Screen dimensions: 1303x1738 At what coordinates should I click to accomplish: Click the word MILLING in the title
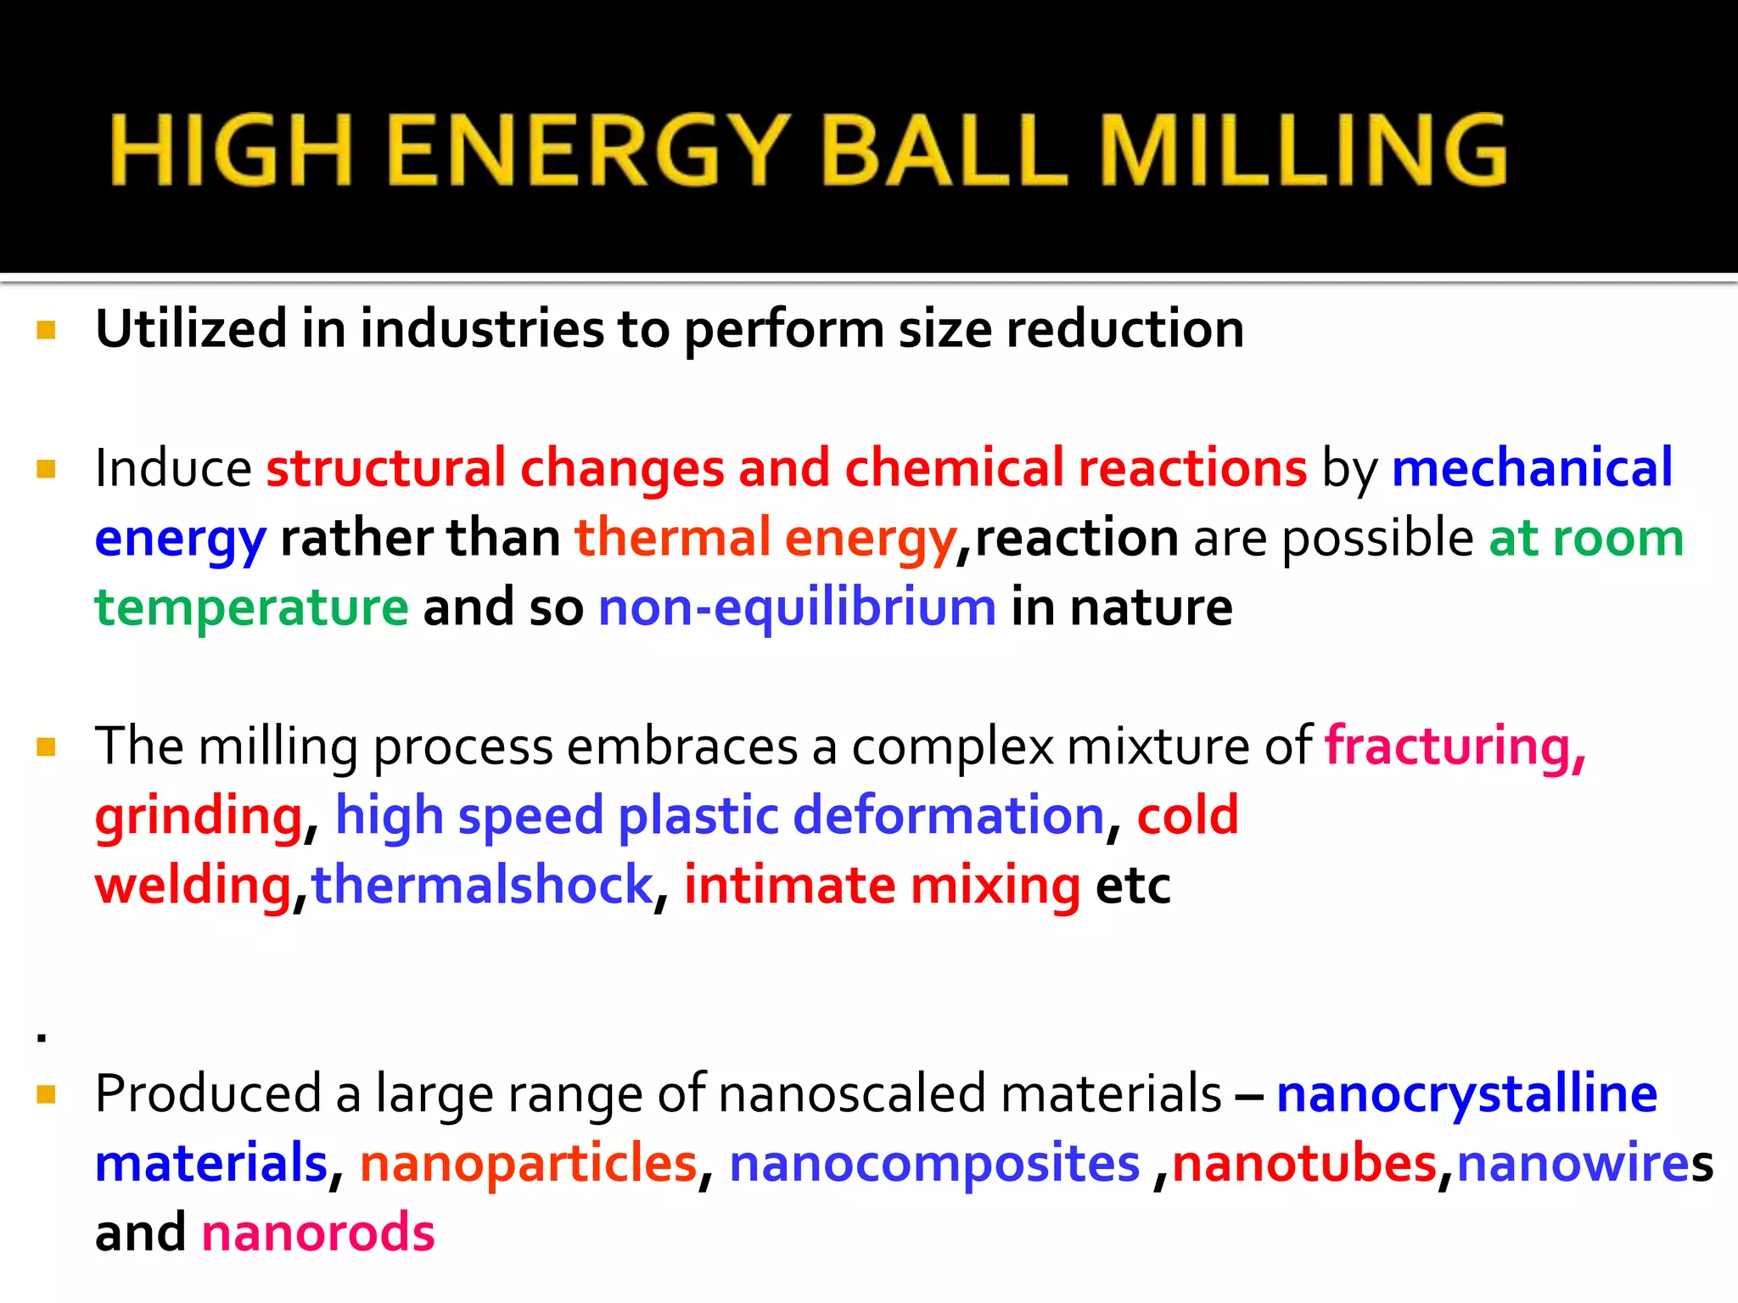click(x=1303, y=151)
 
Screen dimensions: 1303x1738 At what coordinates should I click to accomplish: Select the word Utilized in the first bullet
click(x=191, y=329)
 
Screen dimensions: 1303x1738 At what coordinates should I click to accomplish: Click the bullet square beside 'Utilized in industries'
click(x=47, y=330)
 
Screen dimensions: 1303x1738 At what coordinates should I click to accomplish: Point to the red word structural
click(x=386, y=467)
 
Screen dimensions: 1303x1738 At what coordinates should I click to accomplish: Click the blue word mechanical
click(x=1532, y=467)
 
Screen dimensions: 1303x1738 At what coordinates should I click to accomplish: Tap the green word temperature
click(x=251, y=608)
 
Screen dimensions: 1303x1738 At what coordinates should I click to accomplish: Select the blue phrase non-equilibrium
click(x=797, y=608)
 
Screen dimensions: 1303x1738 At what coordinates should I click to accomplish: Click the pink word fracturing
click(x=1455, y=747)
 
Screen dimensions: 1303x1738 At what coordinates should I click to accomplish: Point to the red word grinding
click(x=199, y=816)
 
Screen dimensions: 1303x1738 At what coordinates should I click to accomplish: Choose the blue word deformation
click(x=948, y=816)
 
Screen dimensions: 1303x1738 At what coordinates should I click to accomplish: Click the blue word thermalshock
click(x=482, y=886)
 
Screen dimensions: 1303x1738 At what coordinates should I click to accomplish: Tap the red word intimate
click(x=789, y=886)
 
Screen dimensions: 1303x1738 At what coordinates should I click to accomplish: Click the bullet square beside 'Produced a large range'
click(x=47, y=1094)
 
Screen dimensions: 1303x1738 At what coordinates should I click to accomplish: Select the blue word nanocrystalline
click(x=1466, y=1094)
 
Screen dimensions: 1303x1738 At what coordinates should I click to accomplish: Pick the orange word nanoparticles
click(x=528, y=1164)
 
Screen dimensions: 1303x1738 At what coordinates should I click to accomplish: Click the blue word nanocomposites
click(x=934, y=1164)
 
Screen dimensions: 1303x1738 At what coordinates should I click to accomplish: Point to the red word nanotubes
click(x=1304, y=1164)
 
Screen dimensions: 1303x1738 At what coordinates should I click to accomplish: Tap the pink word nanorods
click(x=318, y=1233)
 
